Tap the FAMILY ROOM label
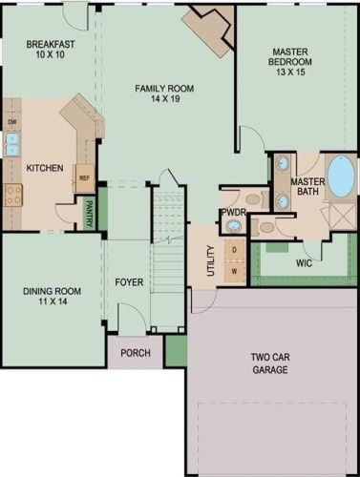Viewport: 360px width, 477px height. (163, 89)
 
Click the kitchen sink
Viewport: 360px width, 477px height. (12, 145)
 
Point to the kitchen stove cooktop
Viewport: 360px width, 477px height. (13, 196)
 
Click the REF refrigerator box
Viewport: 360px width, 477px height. (84, 178)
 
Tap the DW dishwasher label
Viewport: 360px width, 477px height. (12, 123)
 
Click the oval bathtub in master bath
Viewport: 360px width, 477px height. (339, 178)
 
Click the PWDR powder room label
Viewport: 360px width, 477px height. (233, 212)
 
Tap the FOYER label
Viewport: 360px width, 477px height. (129, 281)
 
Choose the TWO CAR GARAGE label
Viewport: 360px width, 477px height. (270, 363)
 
